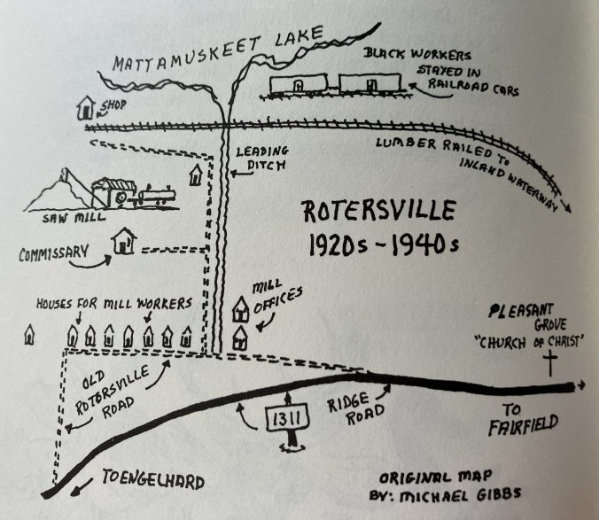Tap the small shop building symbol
tap(85, 109)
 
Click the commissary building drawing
tap(123, 242)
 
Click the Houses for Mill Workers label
tap(113, 305)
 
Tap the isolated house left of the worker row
tap(29, 336)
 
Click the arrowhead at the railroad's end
tap(567, 206)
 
